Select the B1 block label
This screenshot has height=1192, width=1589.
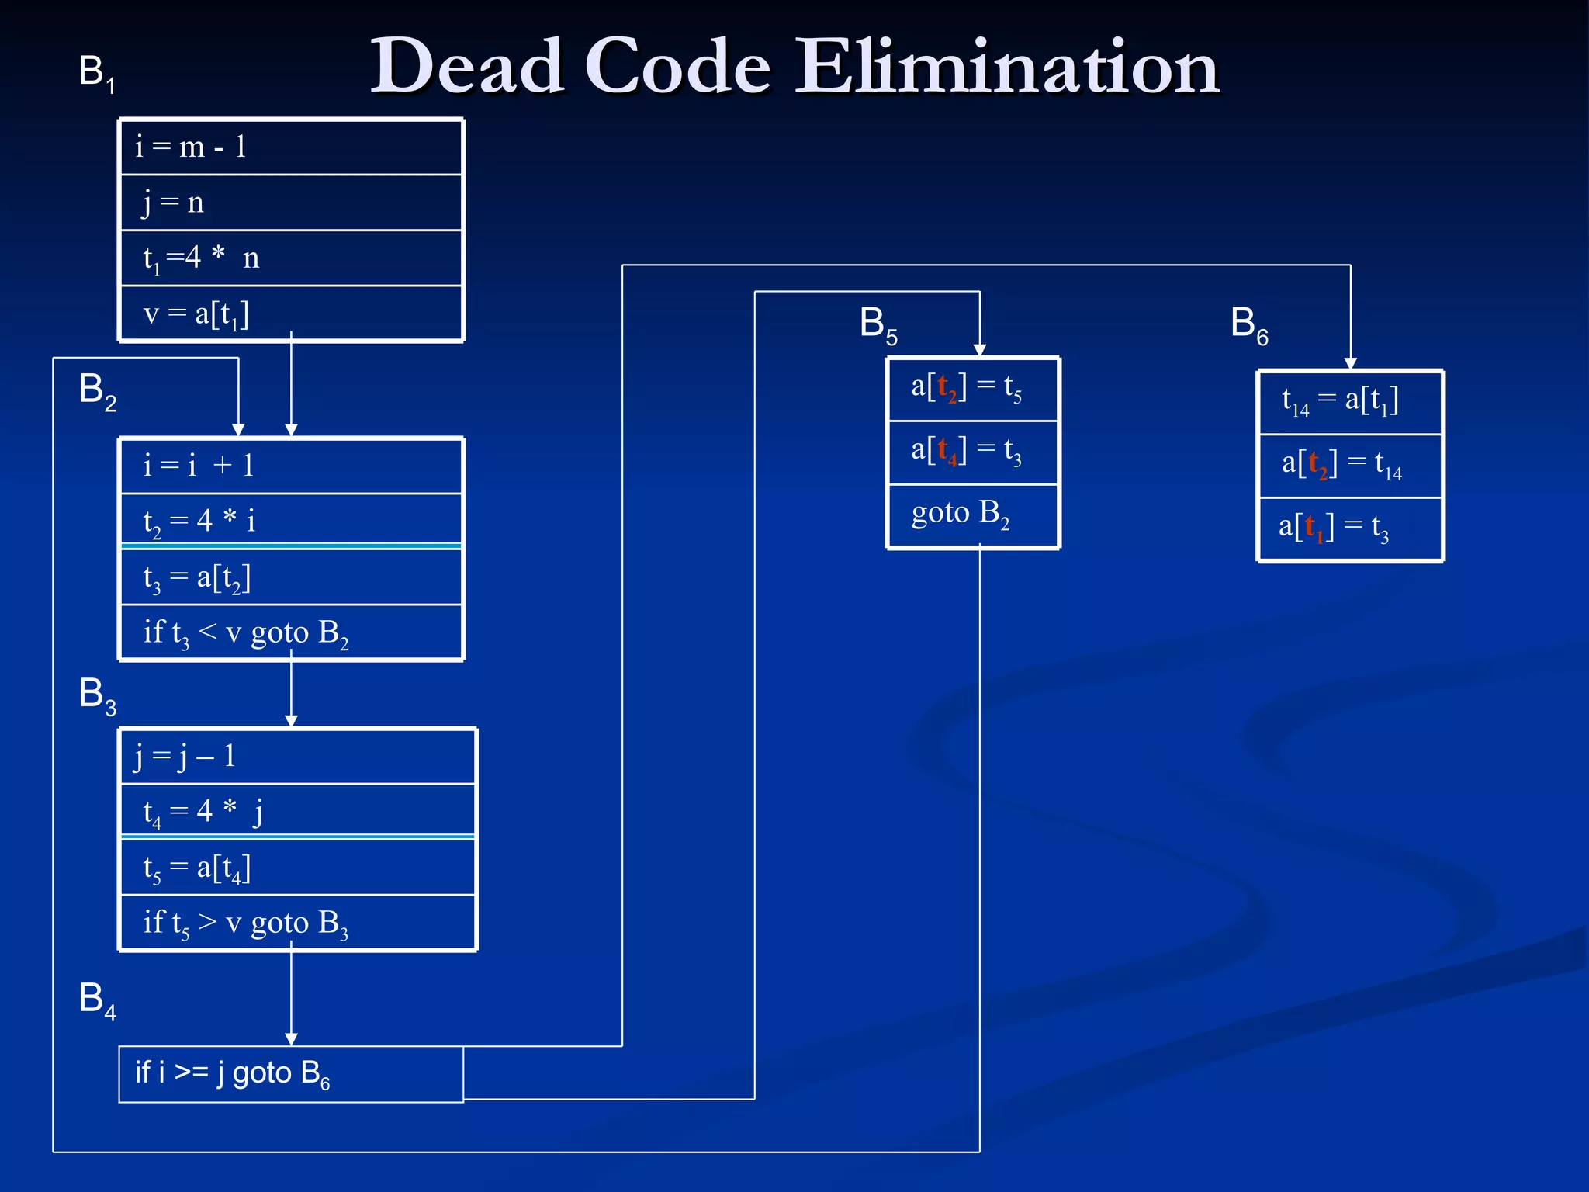point(96,73)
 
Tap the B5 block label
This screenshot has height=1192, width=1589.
point(878,324)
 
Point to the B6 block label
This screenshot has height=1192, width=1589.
point(1248,324)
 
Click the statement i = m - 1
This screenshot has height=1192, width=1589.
point(191,147)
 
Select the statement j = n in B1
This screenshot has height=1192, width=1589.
point(173,203)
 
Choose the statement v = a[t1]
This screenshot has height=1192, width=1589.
point(196,314)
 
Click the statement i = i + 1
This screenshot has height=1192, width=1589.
point(199,466)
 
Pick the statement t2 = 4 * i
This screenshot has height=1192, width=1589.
point(199,521)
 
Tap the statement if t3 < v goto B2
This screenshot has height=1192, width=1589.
point(245,633)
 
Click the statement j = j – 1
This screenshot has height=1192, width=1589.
point(185,756)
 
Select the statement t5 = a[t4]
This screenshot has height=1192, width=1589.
point(196,868)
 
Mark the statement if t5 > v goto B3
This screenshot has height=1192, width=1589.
point(245,923)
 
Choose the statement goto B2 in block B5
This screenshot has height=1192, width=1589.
point(960,514)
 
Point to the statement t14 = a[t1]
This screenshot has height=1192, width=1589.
point(1340,401)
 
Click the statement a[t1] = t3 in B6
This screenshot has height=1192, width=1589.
point(1334,528)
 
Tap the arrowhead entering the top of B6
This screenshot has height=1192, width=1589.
point(1351,363)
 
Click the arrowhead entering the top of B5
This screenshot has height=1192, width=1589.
point(980,350)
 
